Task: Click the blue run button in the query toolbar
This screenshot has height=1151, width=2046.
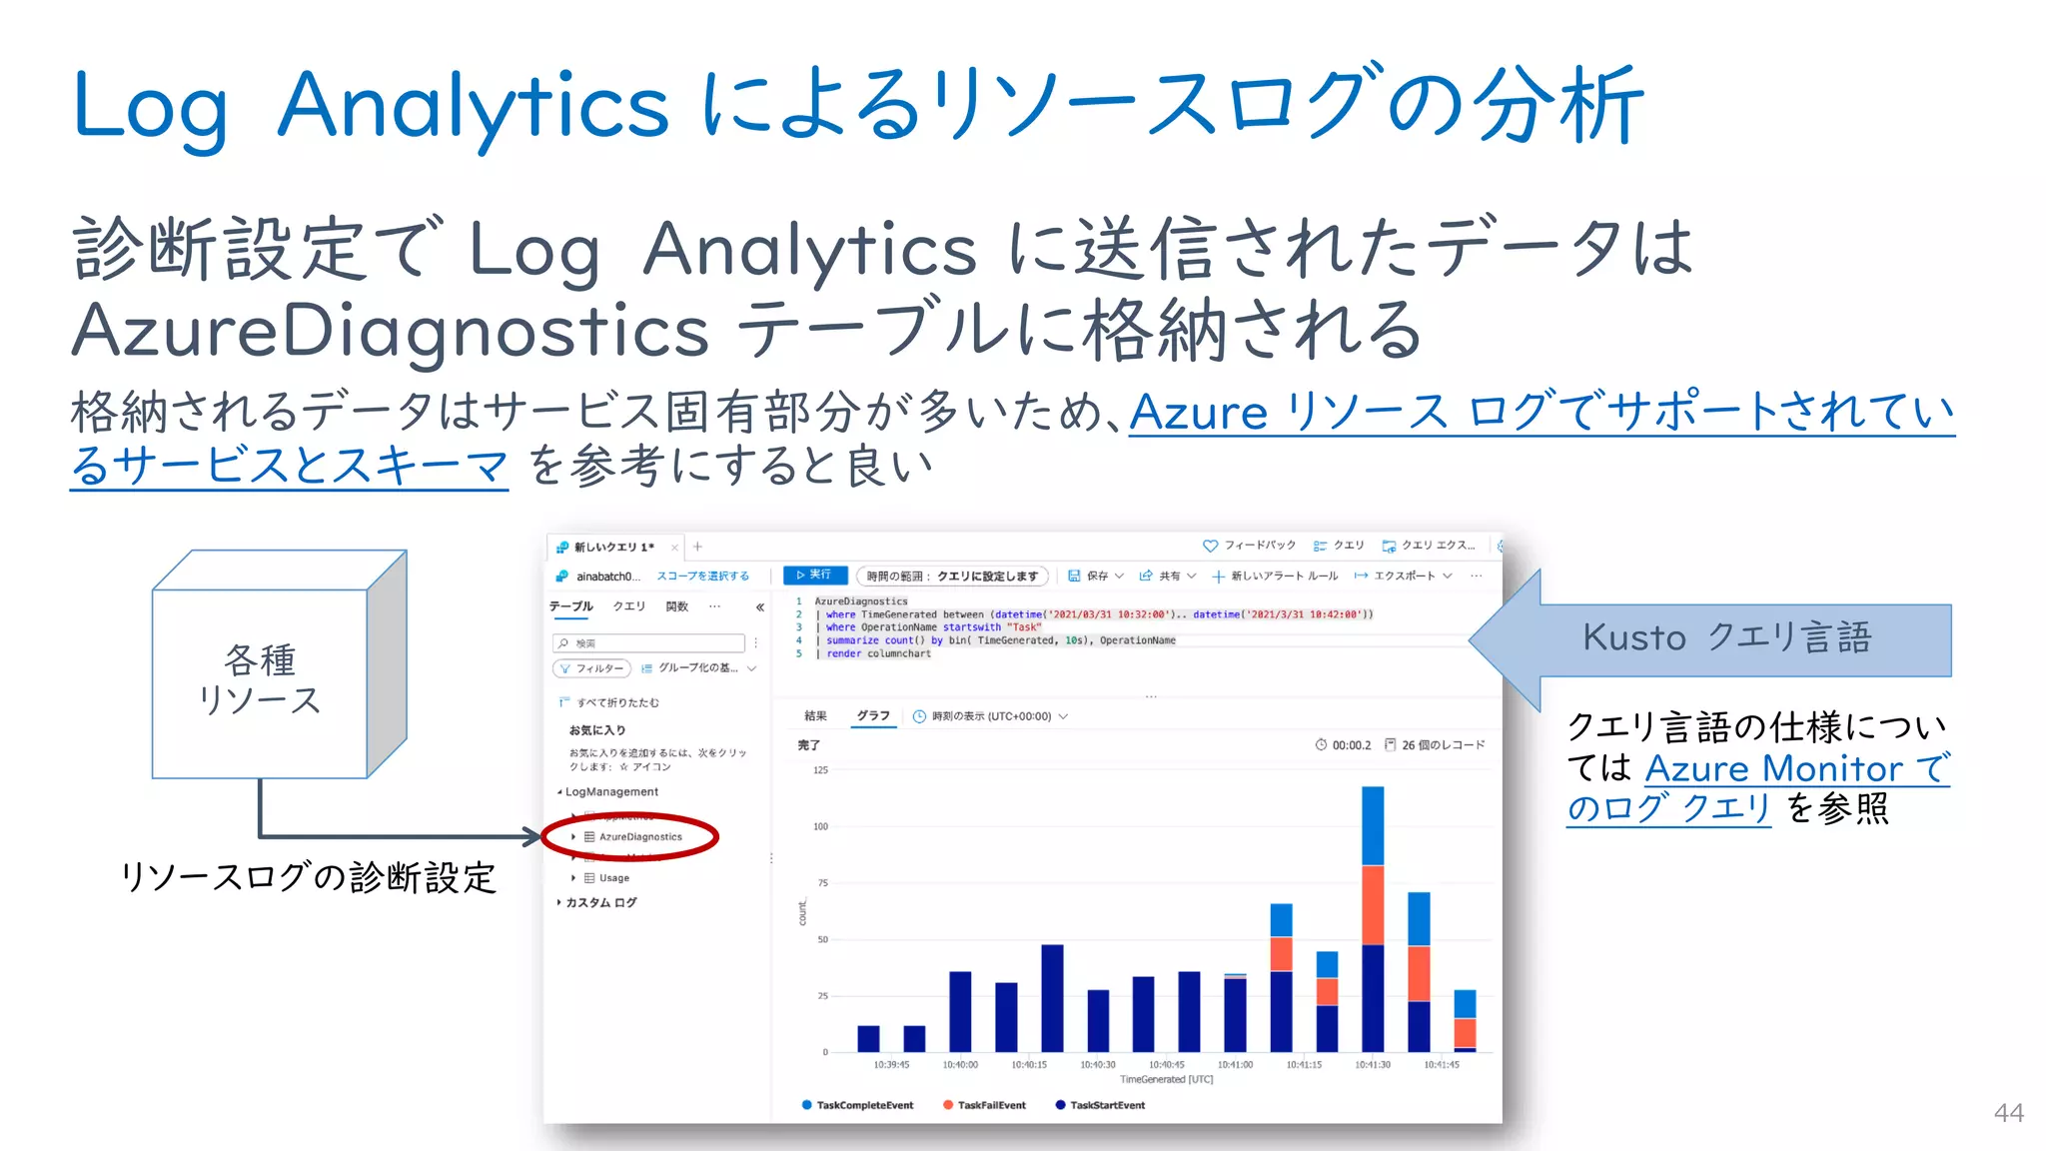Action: pyautogui.click(x=814, y=575)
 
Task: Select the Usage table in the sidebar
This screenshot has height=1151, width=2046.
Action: pyautogui.click(x=613, y=878)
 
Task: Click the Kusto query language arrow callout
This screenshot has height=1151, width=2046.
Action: pyautogui.click(x=1710, y=639)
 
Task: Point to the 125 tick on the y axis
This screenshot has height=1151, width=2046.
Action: pyautogui.click(x=820, y=770)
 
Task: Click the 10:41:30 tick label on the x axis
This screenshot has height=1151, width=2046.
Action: pyautogui.click(x=1373, y=1065)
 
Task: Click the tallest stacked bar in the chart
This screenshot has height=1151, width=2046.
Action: pyautogui.click(x=1373, y=919)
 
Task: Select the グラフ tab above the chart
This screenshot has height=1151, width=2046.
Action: pyautogui.click(x=872, y=716)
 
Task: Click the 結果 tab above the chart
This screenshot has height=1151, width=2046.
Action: pyautogui.click(x=815, y=716)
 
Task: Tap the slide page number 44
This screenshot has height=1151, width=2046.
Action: pyautogui.click(x=2008, y=1113)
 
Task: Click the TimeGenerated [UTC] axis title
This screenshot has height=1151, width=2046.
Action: pyautogui.click(x=1166, y=1080)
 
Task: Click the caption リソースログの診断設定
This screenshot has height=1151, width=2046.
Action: pyautogui.click(x=308, y=877)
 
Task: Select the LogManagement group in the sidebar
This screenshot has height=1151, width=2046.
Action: pyautogui.click(x=611, y=792)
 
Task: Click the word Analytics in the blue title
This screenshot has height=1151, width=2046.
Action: pyautogui.click(x=473, y=106)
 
